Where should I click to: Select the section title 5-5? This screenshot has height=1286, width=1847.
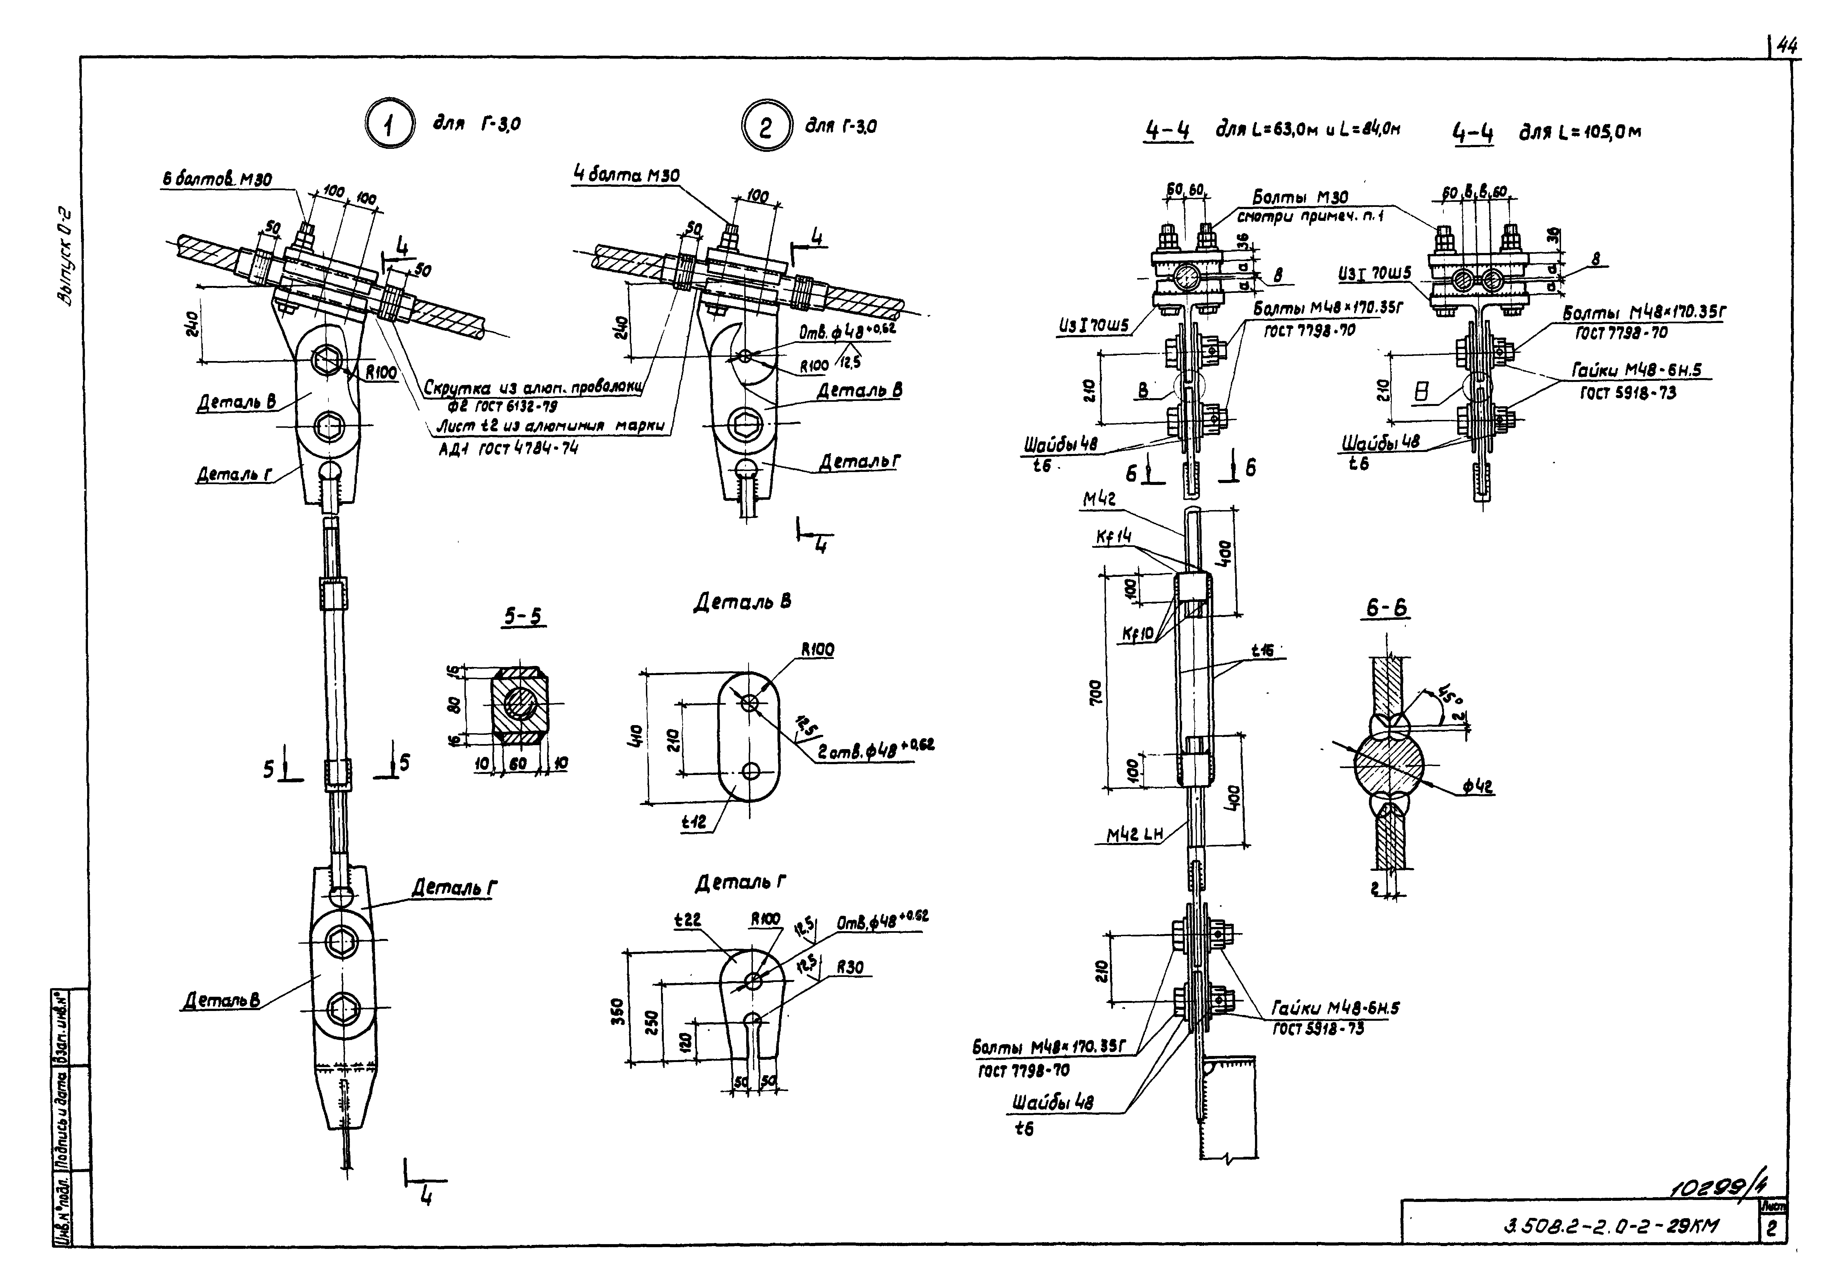click(523, 616)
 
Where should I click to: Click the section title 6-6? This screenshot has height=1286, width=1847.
click(1387, 609)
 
